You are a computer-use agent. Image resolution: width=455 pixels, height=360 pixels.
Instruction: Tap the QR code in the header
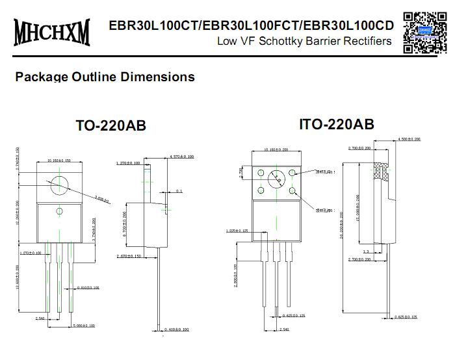[x=424, y=31]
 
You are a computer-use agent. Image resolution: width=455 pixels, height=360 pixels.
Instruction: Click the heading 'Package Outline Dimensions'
[x=105, y=77]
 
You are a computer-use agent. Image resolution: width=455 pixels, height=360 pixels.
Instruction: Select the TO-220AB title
[x=111, y=125]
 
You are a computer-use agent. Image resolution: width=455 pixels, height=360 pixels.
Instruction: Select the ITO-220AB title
[x=336, y=124]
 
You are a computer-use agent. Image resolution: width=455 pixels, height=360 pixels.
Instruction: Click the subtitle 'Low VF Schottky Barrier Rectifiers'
[x=304, y=42]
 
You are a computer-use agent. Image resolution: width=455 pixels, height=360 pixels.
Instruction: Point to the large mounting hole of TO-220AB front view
[x=60, y=184]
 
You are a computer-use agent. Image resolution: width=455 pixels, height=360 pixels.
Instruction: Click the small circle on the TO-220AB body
[x=59, y=211]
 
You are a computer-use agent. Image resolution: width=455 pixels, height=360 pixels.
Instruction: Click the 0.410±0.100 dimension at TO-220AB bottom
[x=175, y=329]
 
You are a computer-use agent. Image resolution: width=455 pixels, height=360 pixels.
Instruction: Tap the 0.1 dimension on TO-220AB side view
[x=179, y=191]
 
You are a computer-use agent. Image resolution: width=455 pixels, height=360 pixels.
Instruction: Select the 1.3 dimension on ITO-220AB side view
[x=366, y=251]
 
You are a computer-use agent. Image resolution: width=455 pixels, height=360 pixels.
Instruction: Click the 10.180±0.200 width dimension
[x=277, y=150]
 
